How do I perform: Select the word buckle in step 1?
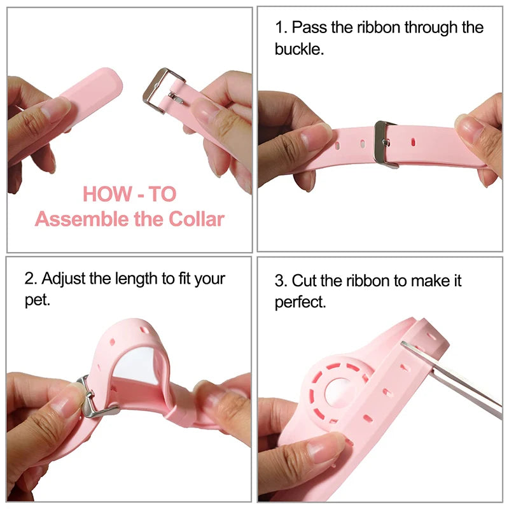pyautogui.click(x=298, y=49)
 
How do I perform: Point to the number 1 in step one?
pyautogui.click(x=279, y=28)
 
